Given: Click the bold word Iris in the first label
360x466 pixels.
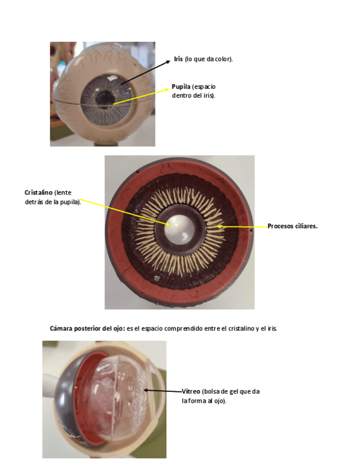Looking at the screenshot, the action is pyautogui.click(x=178, y=59).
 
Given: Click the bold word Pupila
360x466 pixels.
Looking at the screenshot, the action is pyautogui.click(x=181, y=87).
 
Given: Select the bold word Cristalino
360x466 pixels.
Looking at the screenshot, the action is pyautogui.click(x=38, y=193).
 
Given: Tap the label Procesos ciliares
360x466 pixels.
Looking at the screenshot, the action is pyautogui.click(x=292, y=226).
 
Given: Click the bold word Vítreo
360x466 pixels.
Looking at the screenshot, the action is pyautogui.click(x=191, y=392).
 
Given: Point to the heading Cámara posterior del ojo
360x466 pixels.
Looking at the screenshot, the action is pyautogui.click(x=87, y=328).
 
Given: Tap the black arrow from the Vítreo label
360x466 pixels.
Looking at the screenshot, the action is pyautogui.click(x=163, y=391).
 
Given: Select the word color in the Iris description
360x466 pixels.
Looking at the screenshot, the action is pyautogui.click(x=224, y=59).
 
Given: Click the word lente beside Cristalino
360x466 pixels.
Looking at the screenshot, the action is pyautogui.click(x=63, y=193).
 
